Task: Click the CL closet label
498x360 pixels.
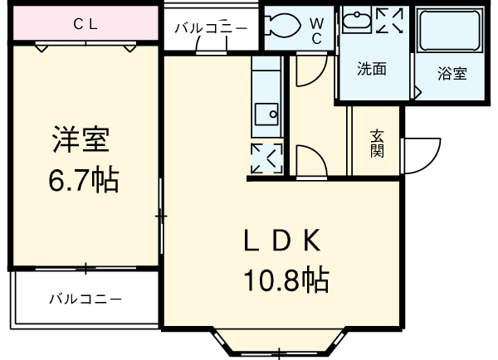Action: point(85,24)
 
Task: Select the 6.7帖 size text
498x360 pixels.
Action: point(81,179)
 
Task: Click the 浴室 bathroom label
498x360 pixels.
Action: point(452,73)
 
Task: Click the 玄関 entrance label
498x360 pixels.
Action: point(377,144)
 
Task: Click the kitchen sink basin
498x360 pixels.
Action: point(266,114)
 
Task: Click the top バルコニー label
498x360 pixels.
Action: point(210,28)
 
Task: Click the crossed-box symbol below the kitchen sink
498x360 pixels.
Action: point(266,158)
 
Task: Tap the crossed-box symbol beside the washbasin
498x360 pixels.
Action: point(388,22)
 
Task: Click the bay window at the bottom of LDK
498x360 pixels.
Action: point(279,343)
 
